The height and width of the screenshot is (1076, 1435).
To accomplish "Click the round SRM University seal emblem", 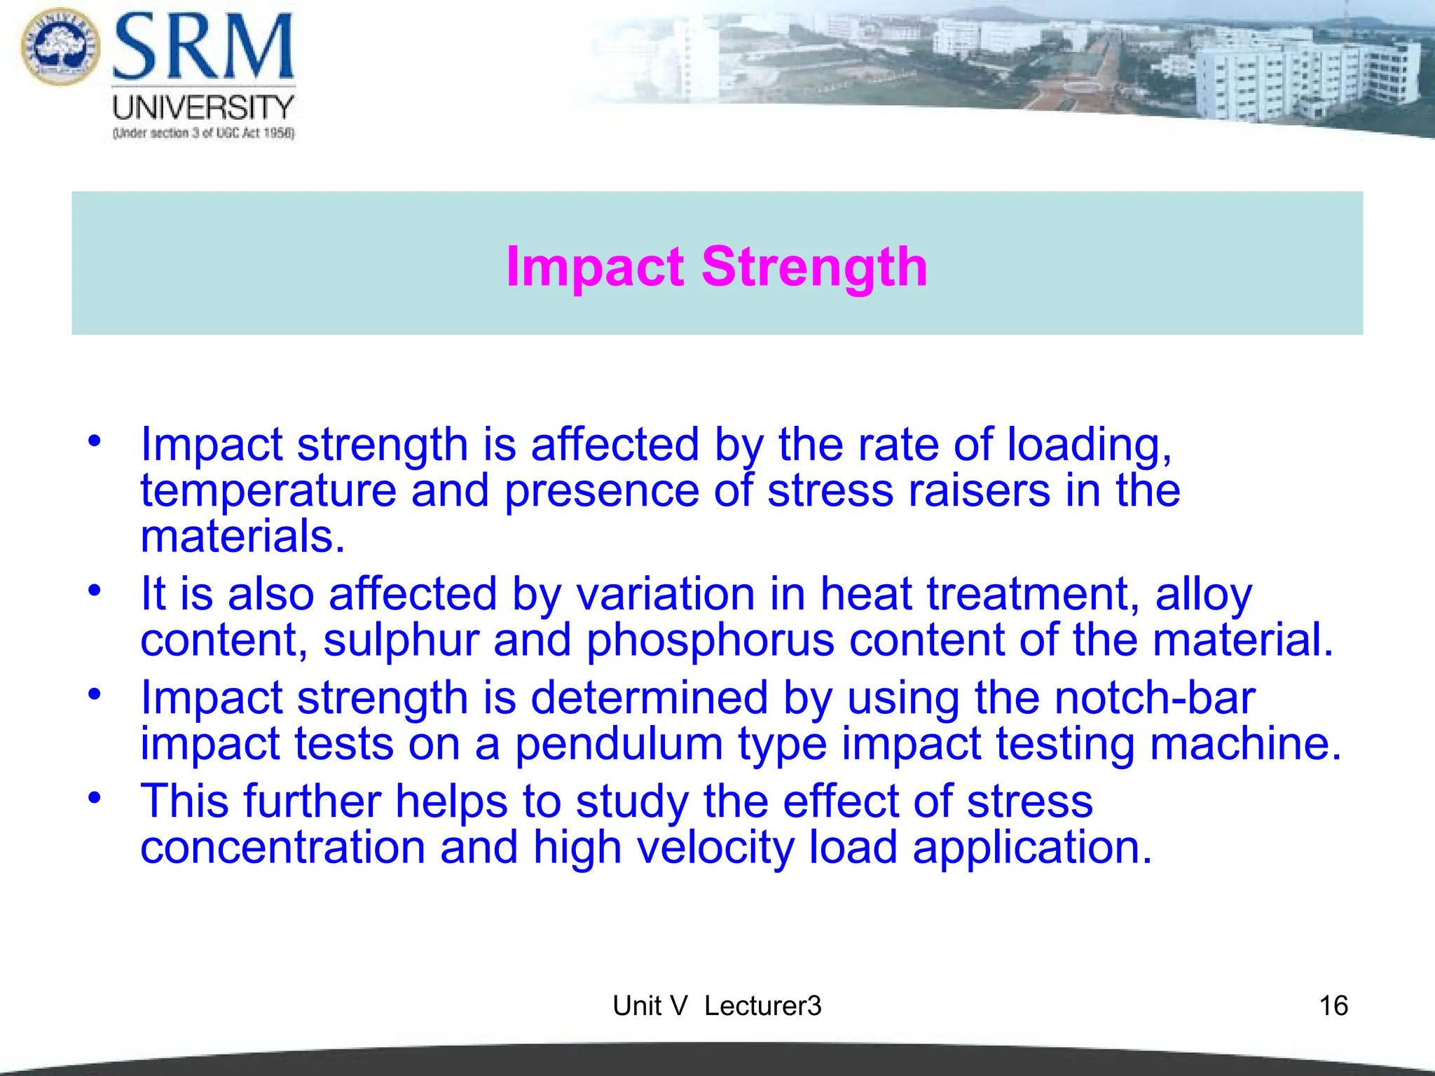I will (x=60, y=46).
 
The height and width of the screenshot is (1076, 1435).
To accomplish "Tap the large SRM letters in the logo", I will (x=203, y=48).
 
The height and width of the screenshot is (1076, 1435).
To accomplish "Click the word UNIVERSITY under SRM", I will (x=203, y=108).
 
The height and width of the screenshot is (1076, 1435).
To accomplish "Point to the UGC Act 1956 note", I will (x=203, y=133).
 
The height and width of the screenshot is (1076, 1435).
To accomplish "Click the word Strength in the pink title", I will (x=814, y=268).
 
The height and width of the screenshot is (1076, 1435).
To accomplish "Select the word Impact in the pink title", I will (x=595, y=268).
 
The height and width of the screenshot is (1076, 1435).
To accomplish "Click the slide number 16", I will (x=1333, y=1006).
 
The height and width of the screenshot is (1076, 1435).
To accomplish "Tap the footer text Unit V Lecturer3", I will (x=717, y=1006).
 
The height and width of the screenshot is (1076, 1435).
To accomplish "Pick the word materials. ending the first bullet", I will (x=243, y=537).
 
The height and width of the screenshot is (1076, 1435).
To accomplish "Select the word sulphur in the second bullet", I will (x=401, y=640).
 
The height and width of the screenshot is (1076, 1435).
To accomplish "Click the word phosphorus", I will (x=710, y=640).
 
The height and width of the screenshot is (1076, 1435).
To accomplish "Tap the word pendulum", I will (x=619, y=744).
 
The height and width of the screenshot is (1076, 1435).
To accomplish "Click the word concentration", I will (x=282, y=848).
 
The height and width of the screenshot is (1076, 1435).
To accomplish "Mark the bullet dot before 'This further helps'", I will (x=95, y=798).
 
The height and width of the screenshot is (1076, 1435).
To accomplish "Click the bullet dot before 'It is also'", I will (x=95, y=591).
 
